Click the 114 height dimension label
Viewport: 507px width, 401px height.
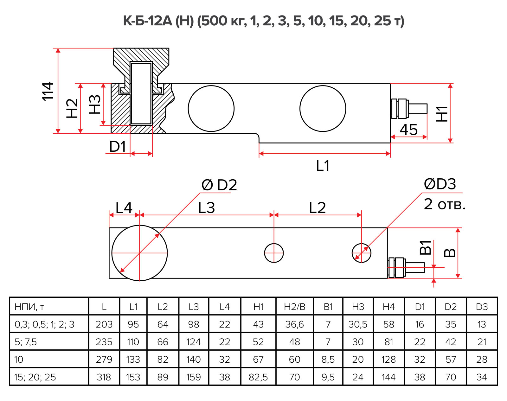(48, 91)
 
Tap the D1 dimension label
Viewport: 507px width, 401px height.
(118, 147)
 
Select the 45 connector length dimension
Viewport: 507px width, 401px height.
(408, 130)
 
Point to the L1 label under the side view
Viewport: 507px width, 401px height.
(323, 166)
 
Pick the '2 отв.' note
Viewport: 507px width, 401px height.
(445, 204)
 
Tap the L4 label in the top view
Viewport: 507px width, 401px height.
(124, 208)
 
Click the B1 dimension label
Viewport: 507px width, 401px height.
(426, 247)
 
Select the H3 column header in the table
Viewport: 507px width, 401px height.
(358, 307)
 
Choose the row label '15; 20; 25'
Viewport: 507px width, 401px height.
(35, 377)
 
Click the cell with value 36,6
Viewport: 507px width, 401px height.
(294, 324)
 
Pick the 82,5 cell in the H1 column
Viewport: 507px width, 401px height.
(258, 377)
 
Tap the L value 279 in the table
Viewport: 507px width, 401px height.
(104, 360)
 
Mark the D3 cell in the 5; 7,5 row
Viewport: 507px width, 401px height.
(482, 342)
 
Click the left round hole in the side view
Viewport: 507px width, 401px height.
(211, 108)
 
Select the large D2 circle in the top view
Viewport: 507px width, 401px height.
(139, 253)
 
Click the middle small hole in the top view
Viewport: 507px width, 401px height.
(274, 253)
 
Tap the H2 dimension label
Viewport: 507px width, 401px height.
(72, 108)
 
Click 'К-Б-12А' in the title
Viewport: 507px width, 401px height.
(147, 21)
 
